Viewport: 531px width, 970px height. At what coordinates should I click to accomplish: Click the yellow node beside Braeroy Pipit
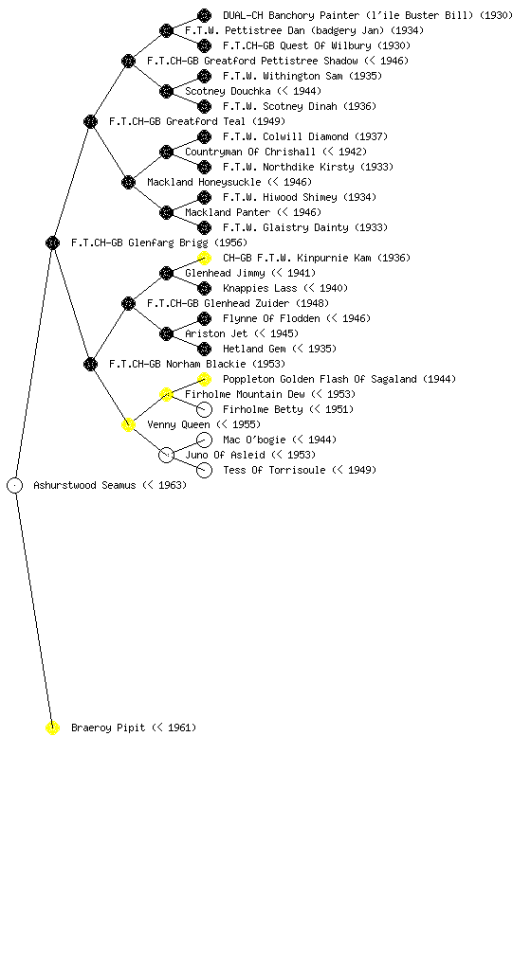[52, 727]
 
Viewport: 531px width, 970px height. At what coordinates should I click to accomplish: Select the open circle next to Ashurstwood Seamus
[15, 485]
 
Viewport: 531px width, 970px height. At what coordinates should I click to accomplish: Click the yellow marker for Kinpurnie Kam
[204, 258]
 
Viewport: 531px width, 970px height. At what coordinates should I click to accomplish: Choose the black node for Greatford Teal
[90, 121]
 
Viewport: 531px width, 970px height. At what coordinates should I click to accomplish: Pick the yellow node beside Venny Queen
[128, 424]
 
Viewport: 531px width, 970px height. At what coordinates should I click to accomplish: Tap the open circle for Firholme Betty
[204, 409]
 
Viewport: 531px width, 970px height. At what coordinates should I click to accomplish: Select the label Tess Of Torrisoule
[274, 470]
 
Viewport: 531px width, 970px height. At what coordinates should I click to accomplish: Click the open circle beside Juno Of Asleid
[166, 455]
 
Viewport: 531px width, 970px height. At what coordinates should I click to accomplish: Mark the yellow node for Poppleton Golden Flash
[204, 379]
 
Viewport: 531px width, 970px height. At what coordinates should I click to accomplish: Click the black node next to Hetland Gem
[204, 349]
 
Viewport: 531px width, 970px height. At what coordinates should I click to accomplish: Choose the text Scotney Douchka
[228, 91]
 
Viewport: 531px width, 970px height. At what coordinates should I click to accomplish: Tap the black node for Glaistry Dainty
[204, 227]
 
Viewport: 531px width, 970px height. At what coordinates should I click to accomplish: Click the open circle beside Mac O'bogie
[204, 440]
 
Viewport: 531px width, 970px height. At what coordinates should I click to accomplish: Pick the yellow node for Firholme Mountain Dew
[166, 394]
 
